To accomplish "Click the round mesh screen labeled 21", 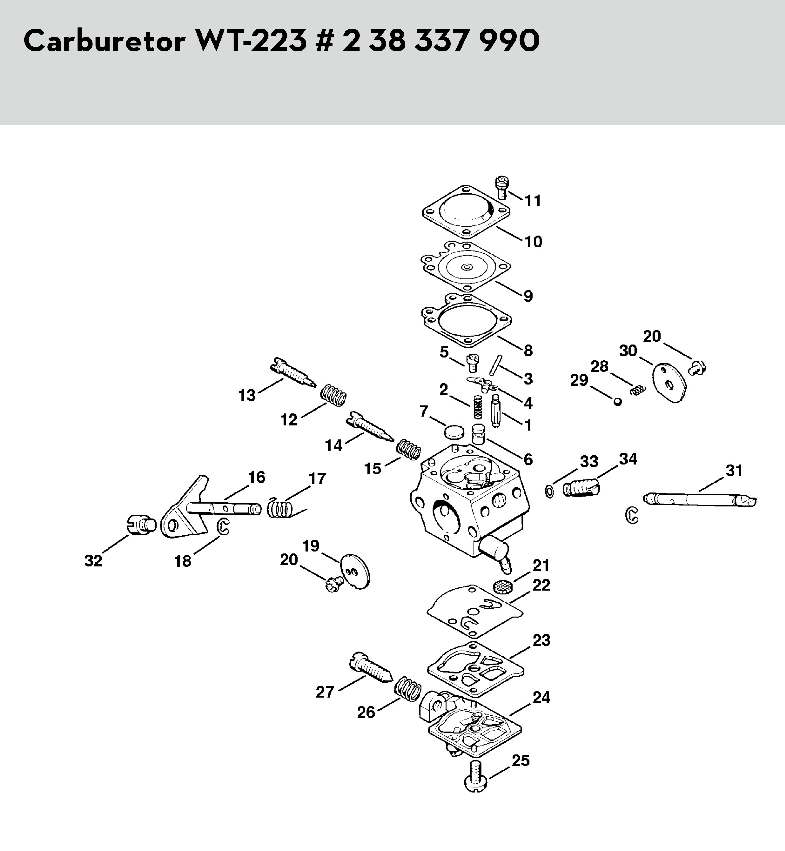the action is click(503, 586).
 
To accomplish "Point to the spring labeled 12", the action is click(333, 396).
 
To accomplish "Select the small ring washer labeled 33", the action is click(549, 492).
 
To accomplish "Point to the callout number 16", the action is click(256, 477).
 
